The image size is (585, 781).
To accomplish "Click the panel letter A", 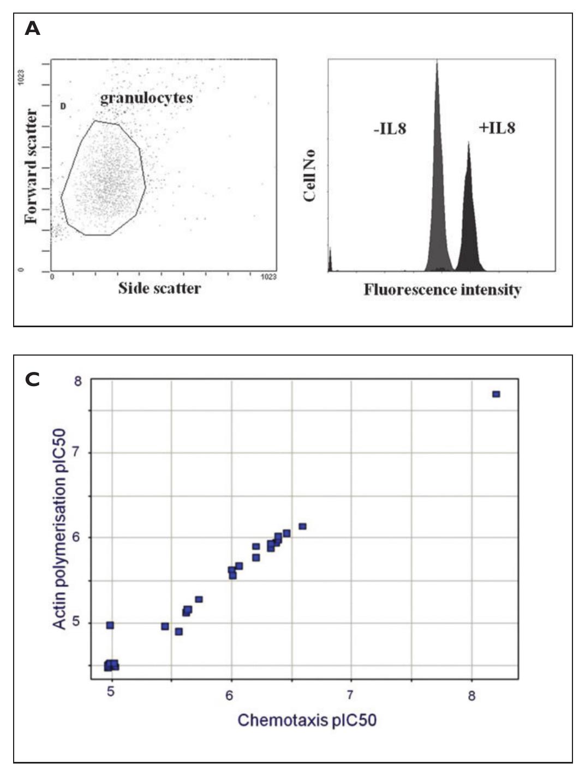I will pyautogui.click(x=32, y=29).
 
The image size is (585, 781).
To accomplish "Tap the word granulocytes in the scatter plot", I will pyautogui.click(x=146, y=98).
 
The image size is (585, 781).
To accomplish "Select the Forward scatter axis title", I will pyautogui.click(x=32, y=166).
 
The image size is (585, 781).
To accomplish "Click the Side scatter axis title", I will pyautogui.click(x=159, y=288).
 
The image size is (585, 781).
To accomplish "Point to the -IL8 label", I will pyautogui.click(x=390, y=129).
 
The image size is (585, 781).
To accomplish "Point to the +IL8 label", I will pyautogui.click(x=497, y=128).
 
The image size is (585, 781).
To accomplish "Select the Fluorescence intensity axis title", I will pyautogui.click(x=442, y=289).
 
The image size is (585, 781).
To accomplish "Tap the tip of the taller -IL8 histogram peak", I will pyautogui.click(x=437, y=63).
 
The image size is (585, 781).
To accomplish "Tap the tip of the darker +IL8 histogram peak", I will pyautogui.click(x=468, y=143).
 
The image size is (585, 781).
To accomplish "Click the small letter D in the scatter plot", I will pyautogui.click(x=63, y=106).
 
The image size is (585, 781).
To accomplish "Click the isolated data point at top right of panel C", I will pyautogui.click(x=496, y=394).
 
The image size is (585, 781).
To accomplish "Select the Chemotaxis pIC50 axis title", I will pyautogui.click(x=307, y=720).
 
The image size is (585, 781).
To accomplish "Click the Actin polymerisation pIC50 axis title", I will pyautogui.click(x=59, y=529).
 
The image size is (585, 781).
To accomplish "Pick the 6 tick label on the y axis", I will pyautogui.click(x=77, y=538).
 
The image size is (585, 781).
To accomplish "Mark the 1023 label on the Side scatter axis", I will pyautogui.click(x=268, y=277).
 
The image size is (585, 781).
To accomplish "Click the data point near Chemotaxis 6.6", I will pyautogui.click(x=302, y=526).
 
